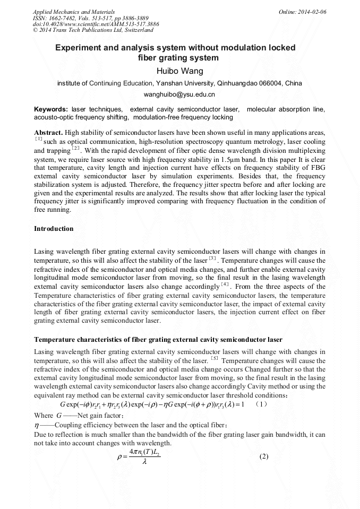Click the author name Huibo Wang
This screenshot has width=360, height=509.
[179, 71]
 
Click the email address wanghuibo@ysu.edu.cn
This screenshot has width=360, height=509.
[179, 94]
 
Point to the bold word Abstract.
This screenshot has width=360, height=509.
[49, 132]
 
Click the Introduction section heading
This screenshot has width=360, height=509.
[54, 229]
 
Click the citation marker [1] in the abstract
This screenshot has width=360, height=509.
[38, 139]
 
